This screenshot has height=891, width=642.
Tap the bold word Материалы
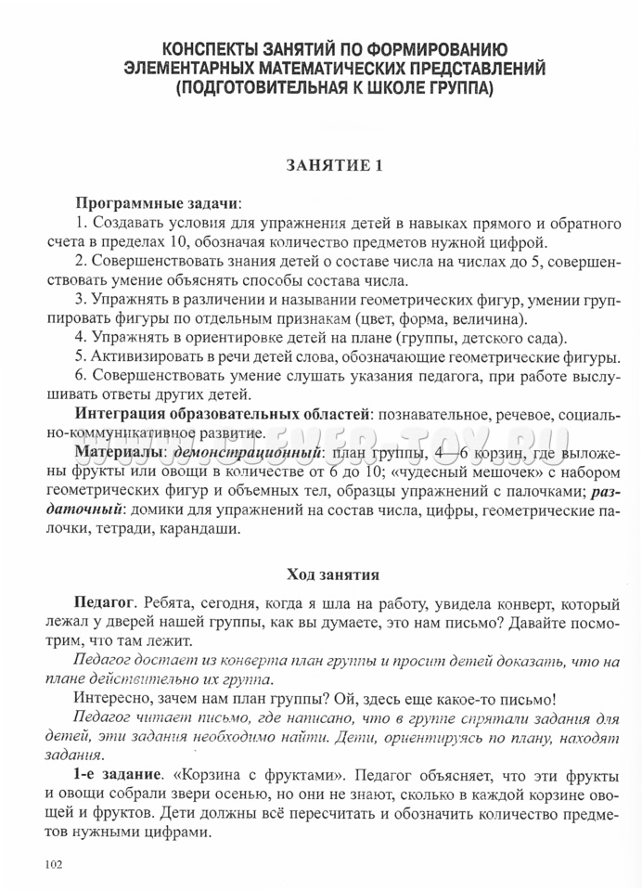click(119, 452)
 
